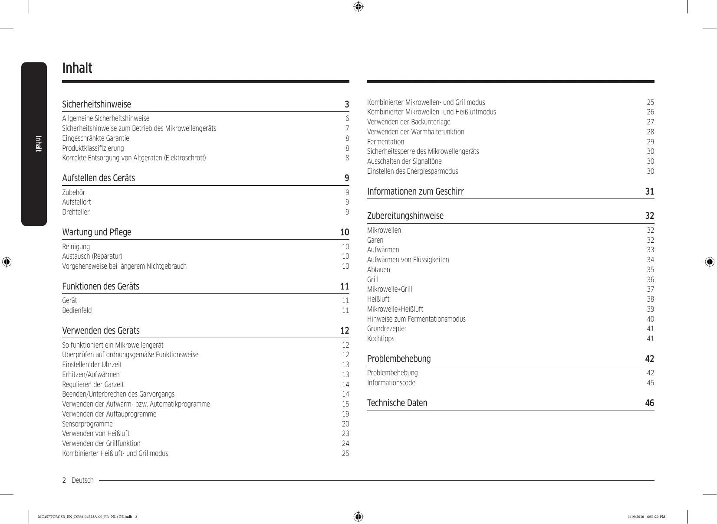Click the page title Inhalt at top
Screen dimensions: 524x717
pos(77,68)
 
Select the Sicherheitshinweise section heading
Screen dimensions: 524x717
pos(96,104)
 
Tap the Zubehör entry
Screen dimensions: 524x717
pos(74,192)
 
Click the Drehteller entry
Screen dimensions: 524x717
pos(76,212)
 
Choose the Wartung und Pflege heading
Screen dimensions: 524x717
pos(96,232)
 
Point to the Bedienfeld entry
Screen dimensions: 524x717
pos(77,310)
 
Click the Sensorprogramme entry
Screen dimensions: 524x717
pos(87,424)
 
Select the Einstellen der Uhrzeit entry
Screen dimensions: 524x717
pos(92,365)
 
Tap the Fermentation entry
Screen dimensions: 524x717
pos(385,142)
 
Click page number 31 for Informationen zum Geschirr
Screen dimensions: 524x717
pos(649,192)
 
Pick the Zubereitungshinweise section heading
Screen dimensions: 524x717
pos(405,216)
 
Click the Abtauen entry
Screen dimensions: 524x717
pos(378,270)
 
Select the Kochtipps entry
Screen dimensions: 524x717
pos(381,338)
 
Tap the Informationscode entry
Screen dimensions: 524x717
pos(391,383)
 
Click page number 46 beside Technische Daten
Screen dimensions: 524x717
pos(649,403)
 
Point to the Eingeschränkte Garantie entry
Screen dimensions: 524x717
pos(95,138)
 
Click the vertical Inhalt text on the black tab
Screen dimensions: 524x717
pos(38,143)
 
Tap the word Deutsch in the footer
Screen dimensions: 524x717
pos(82,480)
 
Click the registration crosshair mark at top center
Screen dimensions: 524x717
pos(358,7)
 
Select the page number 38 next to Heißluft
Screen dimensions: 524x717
pos(650,299)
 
